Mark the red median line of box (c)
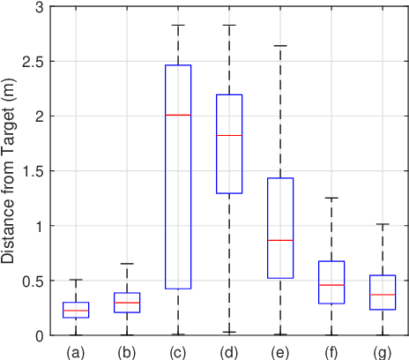click(178, 115)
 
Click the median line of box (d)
click(229, 135)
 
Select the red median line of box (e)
click(280, 240)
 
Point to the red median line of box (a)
click(76, 311)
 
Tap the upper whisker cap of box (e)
click(280, 45)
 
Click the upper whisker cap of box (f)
click(331, 198)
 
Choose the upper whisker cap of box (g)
click(383, 224)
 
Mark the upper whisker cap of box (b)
click(127, 264)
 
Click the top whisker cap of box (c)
click(178, 26)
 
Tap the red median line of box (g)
click(383, 295)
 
